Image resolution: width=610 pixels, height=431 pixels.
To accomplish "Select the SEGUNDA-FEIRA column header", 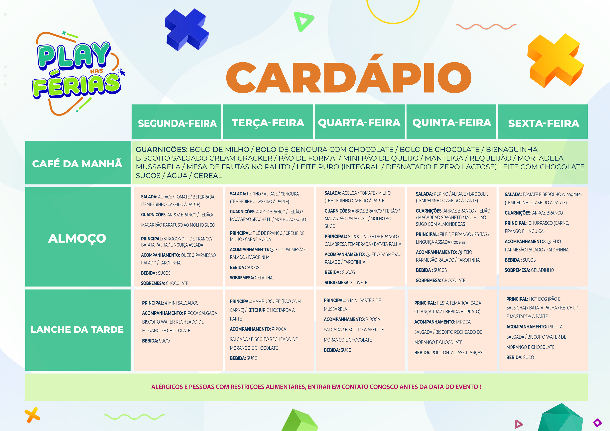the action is (x=177, y=123).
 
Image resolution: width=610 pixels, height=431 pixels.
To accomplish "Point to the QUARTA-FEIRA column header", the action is (x=359, y=123).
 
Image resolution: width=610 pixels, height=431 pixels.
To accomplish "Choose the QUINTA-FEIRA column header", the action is (x=452, y=123).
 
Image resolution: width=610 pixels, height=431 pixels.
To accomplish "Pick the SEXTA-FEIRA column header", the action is (x=544, y=123).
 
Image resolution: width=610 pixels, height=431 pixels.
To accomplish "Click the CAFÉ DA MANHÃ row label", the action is (x=77, y=164).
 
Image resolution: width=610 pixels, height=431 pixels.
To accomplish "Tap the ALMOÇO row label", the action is (x=77, y=238).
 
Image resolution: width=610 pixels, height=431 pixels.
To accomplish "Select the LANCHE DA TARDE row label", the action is (x=77, y=330).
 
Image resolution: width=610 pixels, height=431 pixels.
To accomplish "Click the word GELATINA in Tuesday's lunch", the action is (x=264, y=278).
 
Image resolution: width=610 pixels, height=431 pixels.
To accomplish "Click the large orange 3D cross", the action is (x=555, y=60).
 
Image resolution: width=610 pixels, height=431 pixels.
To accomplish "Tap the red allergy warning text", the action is (x=316, y=387).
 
